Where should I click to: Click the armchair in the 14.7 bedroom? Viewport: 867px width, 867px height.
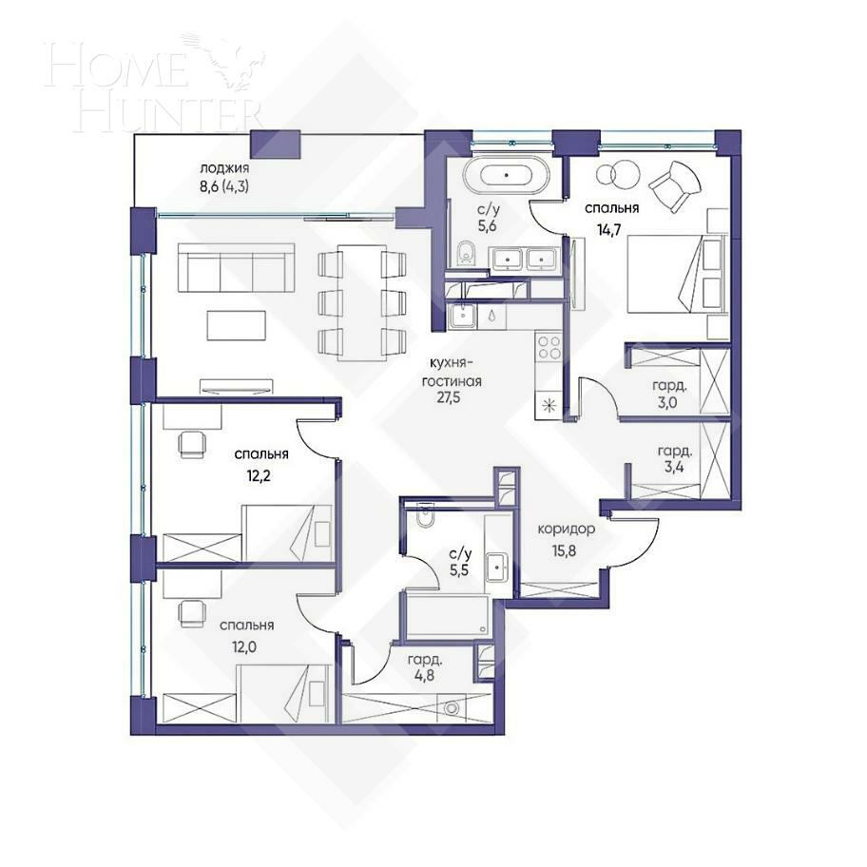677,185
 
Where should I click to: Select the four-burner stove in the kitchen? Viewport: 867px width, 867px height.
549,348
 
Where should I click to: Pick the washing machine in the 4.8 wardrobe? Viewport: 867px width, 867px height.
453,708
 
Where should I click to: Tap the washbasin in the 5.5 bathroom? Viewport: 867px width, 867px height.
497,568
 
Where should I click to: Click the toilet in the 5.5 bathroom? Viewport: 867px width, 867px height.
424,519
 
